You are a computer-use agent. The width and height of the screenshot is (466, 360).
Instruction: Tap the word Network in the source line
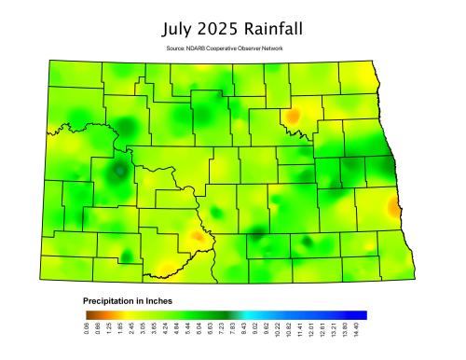point(271,48)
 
